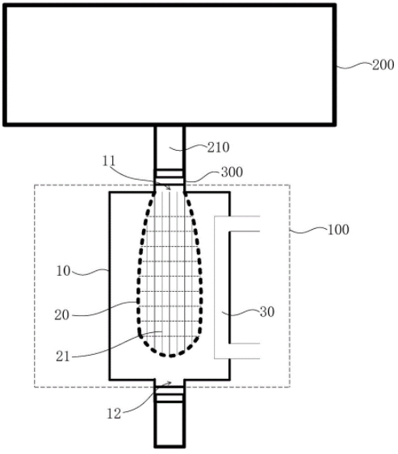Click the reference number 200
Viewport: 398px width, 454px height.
click(383, 65)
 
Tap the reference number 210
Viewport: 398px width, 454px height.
click(218, 148)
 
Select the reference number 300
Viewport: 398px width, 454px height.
click(232, 173)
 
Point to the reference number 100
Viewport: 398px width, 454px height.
click(338, 230)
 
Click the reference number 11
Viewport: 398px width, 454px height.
click(109, 161)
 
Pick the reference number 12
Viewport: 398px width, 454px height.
click(114, 414)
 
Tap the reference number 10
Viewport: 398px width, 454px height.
click(63, 271)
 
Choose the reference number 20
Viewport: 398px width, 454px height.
click(62, 315)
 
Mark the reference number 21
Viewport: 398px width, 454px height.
click(63, 356)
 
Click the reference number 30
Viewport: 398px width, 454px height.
click(267, 312)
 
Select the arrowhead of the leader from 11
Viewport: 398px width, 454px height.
click(169, 189)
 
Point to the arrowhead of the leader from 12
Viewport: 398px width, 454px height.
click(170, 383)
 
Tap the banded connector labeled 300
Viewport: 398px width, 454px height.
click(170, 177)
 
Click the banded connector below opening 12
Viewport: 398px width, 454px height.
click(170, 394)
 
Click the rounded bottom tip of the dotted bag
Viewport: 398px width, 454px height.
click(170, 356)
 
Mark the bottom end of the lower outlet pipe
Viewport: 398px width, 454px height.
click(170, 446)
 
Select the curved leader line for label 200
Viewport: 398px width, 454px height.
click(354, 65)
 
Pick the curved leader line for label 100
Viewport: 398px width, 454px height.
click(308, 231)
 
